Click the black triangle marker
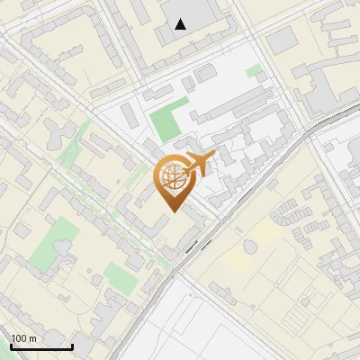(181, 23)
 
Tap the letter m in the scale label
(33, 338)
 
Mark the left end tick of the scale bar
(11, 346)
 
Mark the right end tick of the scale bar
(72, 346)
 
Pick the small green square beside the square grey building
(255, 70)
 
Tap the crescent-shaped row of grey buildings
(286, 216)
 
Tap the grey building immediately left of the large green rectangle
(130, 118)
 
